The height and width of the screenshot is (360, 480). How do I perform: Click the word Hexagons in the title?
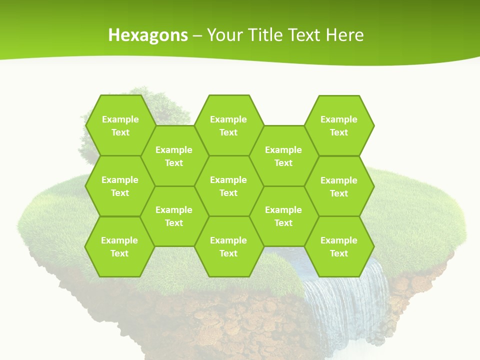tap(148, 35)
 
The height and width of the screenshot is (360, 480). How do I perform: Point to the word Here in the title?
tap(344, 35)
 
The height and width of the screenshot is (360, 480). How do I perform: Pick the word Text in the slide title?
tap(304, 35)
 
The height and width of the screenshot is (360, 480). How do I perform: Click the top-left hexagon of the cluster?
tap(120, 125)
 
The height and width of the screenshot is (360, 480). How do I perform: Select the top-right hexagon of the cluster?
tap(339, 125)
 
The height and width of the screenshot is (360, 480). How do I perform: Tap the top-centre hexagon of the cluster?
tap(228, 125)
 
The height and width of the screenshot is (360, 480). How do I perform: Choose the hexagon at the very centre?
tap(228, 186)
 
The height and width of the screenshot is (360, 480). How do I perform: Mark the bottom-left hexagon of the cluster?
tap(119, 246)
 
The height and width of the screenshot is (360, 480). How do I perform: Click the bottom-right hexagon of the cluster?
tap(339, 246)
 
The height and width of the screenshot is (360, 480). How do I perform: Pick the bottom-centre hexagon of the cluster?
tap(228, 246)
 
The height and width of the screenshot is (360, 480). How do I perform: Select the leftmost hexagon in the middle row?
tap(120, 186)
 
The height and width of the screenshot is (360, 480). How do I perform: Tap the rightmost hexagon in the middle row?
tap(339, 186)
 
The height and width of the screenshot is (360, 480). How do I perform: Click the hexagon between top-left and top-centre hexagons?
tap(174, 156)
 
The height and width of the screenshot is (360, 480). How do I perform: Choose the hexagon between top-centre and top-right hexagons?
tap(283, 156)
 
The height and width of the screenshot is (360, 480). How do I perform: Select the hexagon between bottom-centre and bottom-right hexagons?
tap(283, 216)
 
